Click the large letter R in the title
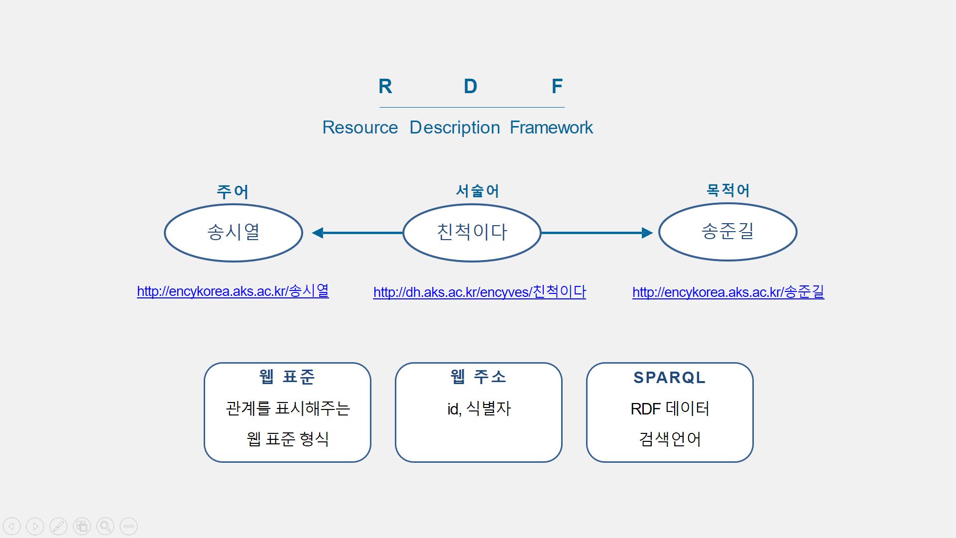pos(385,86)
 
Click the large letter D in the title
pos(471,86)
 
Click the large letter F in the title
pos(557,86)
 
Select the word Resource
pos(360,128)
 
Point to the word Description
pos(455,128)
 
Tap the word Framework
pos(551,128)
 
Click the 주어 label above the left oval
pos(233,191)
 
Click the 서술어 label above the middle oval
pos(478,191)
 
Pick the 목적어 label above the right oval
pos(728,190)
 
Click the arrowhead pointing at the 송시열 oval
pos(318,233)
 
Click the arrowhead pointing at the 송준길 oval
pos(647,233)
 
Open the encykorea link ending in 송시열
pos(233,291)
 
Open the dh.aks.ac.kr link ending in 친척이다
pos(479,292)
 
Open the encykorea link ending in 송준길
pos(728,292)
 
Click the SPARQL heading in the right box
pos(670,378)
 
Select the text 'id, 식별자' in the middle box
pos(479,409)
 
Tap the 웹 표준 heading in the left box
pos(287,377)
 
